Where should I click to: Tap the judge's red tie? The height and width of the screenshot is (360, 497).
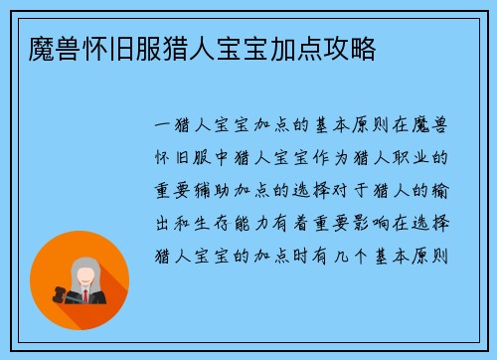[86, 296]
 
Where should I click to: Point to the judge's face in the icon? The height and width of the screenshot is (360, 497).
[85, 272]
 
